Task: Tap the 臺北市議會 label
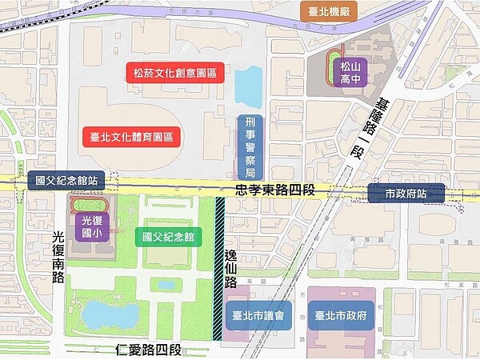click(x=258, y=315)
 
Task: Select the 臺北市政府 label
click(x=342, y=315)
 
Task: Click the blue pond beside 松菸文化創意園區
click(x=248, y=86)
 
